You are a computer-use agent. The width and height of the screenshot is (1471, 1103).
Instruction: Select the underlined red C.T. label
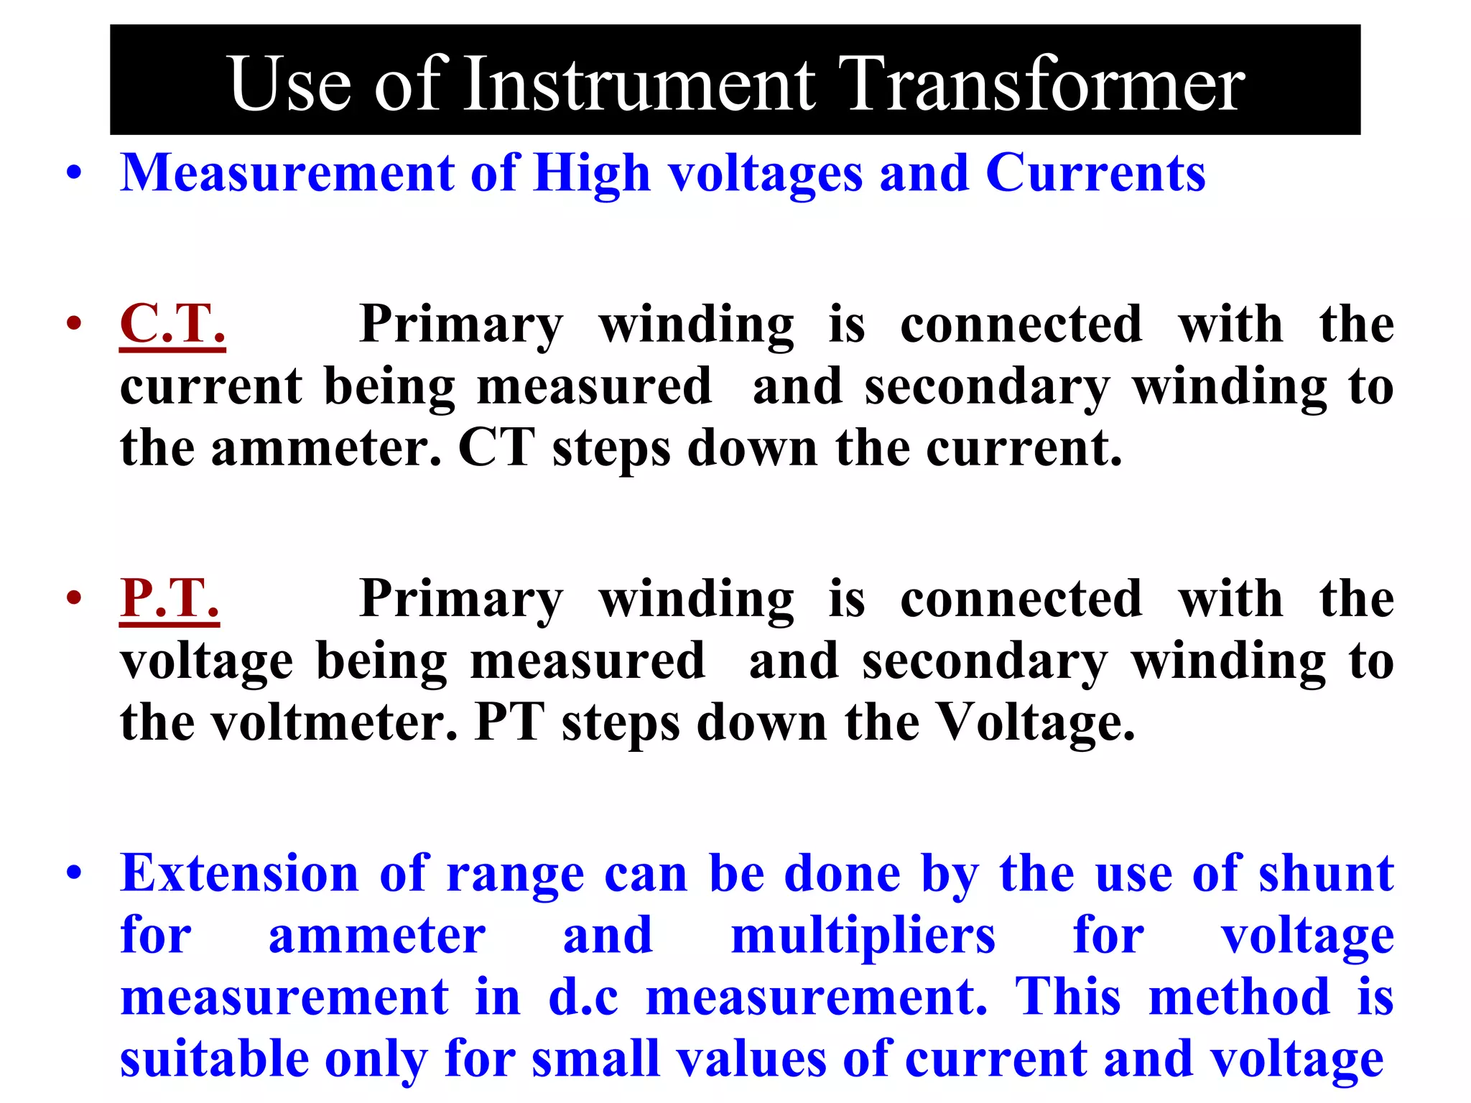click(172, 324)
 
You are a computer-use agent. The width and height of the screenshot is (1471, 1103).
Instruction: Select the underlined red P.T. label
click(170, 598)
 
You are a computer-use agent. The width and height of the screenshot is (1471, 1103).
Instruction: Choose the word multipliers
click(863, 936)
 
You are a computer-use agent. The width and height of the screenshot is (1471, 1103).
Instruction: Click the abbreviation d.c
click(583, 997)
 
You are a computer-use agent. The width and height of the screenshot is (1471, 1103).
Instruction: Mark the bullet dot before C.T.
click(74, 324)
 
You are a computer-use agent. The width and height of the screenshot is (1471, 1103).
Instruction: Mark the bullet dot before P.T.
click(74, 598)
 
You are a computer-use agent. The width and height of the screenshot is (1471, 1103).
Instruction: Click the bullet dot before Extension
click(74, 874)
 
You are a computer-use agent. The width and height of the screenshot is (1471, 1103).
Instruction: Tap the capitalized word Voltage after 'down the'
click(1036, 722)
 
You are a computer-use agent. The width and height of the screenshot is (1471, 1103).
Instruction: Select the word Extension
click(239, 874)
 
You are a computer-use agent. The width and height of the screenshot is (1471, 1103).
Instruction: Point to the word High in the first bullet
click(592, 174)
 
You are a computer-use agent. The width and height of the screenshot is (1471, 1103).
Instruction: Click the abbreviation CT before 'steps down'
click(496, 449)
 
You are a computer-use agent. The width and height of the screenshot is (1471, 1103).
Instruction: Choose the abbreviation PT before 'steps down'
click(509, 722)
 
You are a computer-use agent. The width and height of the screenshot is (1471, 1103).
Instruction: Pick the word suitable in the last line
click(214, 1059)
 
